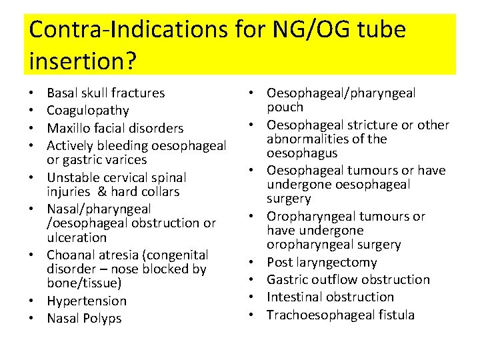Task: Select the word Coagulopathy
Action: click(x=88, y=111)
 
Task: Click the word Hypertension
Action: click(x=87, y=301)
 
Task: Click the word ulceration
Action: click(x=77, y=237)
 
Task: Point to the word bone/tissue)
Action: click(x=85, y=284)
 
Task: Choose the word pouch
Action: click(x=285, y=107)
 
